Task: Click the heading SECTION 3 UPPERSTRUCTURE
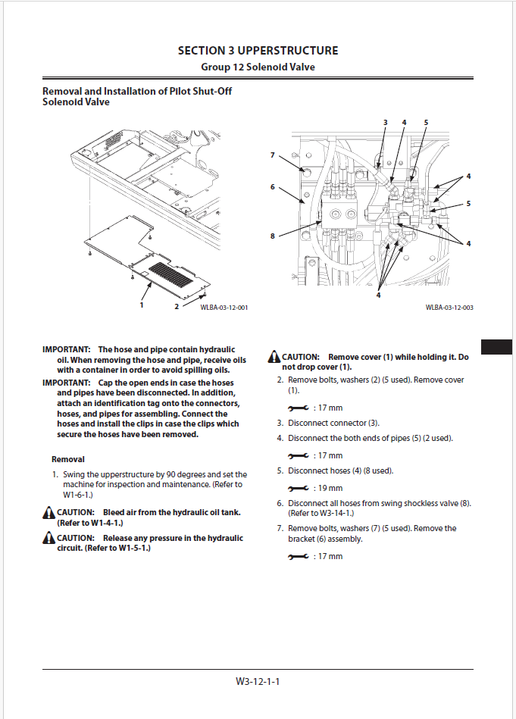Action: pyautogui.click(x=258, y=51)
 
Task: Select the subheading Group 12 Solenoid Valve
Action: pyautogui.click(x=258, y=67)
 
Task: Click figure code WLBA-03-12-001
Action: pyautogui.click(x=224, y=308)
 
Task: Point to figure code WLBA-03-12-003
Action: pyautogui.click(x=449, y=308)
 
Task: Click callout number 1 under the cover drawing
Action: pyautogui.click(x=142, y=305)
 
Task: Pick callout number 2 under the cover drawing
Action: pyautogui.click(x=177, y=307)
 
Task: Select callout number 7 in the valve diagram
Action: pyautogui.click(x=273, y=155)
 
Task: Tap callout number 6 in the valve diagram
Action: pyautogui.click(x=273, y=186)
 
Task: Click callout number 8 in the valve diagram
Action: pyautogui.click(x=273, y=236)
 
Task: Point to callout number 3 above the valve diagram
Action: pyautogui.click(x=385, y=122)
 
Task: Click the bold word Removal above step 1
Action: pyautogui.click(x=68, y=459)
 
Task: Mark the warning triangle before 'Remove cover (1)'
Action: pyautogui.click(x=274, y=358)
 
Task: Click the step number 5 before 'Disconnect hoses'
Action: pyautogui.click(x=280, y=470)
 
